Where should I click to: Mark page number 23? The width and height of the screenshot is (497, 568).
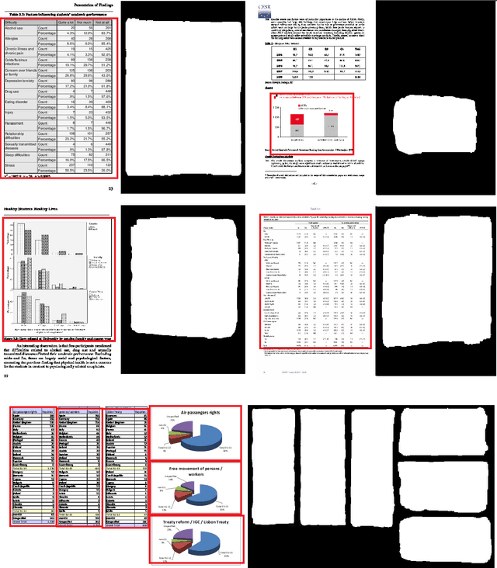(x=110, y=189)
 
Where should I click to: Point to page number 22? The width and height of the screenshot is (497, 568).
(x=5, y=376)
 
